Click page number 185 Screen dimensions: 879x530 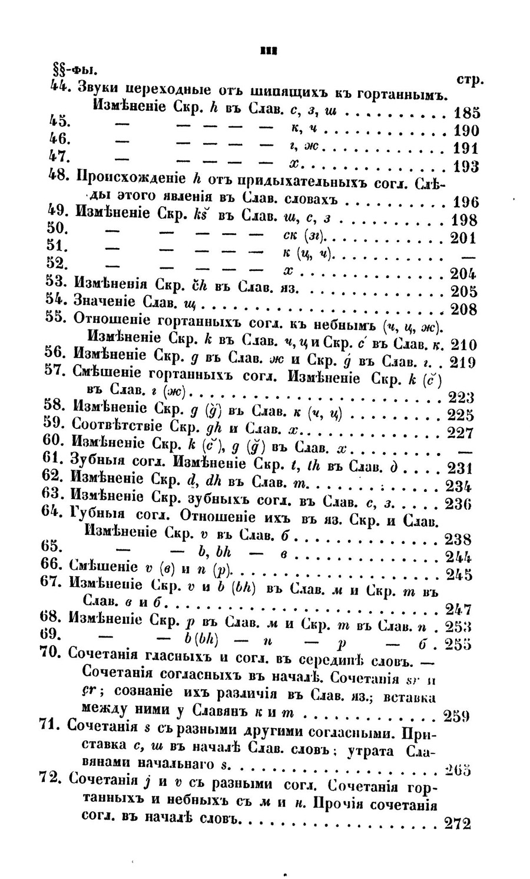pos(467,113)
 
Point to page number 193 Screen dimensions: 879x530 pos(467,167)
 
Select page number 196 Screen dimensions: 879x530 pos(467,202)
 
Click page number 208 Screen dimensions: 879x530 pos(463,309)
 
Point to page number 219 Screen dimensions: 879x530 pos(463,362)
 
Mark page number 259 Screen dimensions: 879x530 pos(456,717)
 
